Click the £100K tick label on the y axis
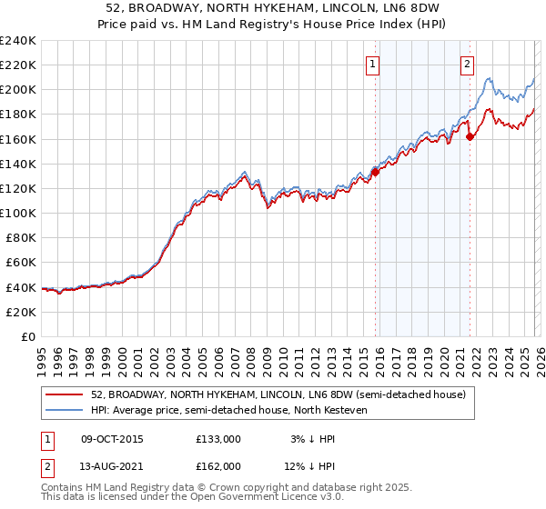click(18, 213)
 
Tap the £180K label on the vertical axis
click(18, 115)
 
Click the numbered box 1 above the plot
click(374, 64)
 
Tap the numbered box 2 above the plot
click(467, 64)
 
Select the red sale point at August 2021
click(470, 136)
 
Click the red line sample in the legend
click(66, 394)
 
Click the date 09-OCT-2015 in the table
click(112, 439)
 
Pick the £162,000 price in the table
click(218, 466)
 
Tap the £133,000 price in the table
click(218, 439)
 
